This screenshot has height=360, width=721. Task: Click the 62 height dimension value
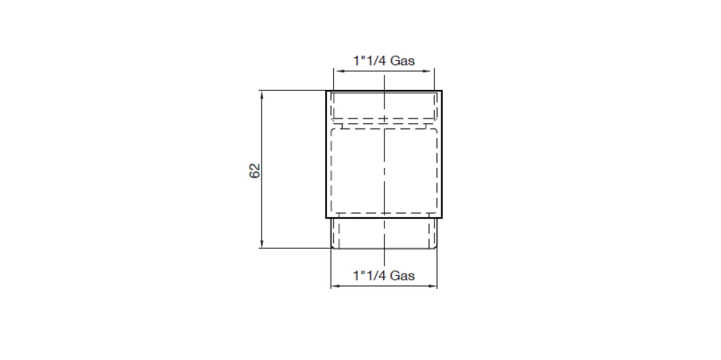(x=255, y=171)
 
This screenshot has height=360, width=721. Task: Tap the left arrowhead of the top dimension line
(x=337, y=71)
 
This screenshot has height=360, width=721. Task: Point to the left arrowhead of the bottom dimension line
(x=335, y=286)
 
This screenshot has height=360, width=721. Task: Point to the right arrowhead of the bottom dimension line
(x=433, y=286)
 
